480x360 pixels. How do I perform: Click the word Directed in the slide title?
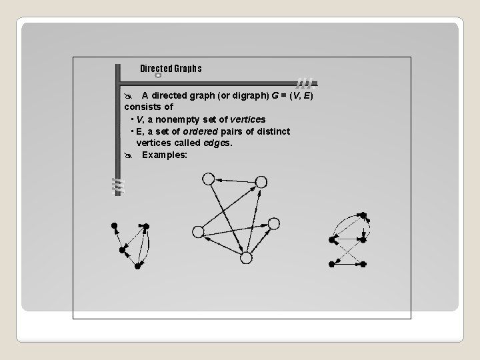click(x=156, y=69)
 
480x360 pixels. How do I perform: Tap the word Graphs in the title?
click(x=188, y=69)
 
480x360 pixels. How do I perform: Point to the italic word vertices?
click(x=248, y=119)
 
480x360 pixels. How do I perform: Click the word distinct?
click(x=273, y=131)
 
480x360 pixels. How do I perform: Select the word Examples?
click(x=165, y=155)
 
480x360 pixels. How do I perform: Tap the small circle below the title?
click(x=158, y=75)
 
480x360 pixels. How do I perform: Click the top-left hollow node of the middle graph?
click(x=208, y=179)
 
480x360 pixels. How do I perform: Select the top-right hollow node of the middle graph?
click(x=261, y=181)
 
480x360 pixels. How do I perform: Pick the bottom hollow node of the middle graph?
click(x=246, y=257)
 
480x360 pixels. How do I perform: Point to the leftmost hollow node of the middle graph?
click(x=197, y=231)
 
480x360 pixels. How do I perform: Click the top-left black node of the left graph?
click(x=114, y=225)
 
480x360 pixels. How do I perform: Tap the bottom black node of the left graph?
click(x=137, y=266)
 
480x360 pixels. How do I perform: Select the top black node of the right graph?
click(x=363, y=215)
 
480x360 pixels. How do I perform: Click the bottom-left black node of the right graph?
click(x=332, y=264)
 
